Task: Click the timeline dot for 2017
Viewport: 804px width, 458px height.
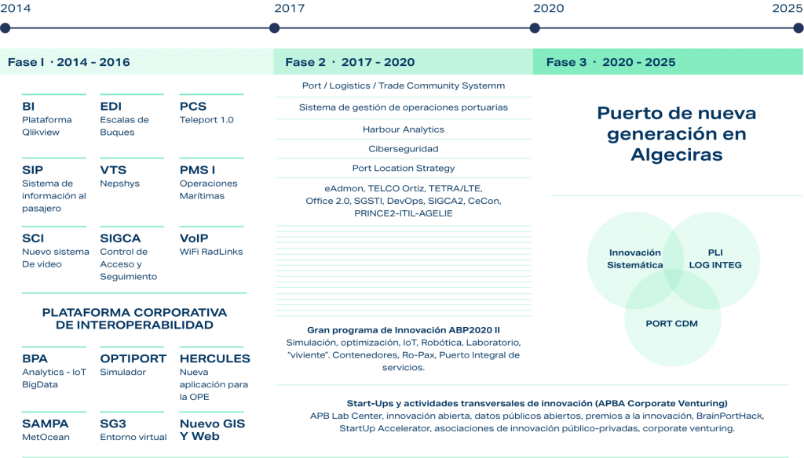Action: click(x=274, y=28)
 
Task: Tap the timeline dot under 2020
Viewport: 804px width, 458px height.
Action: click(x=535, y=28)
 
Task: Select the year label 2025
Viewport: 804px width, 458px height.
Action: click(x=787, y=8)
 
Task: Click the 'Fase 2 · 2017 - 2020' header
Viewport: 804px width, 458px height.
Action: click(x=349, y=62)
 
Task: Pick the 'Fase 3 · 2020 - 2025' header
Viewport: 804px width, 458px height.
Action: click(x=611, y=62)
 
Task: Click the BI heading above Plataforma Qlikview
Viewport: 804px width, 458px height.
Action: click(x=28, y=107)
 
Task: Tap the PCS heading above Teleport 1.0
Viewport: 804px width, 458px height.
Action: click(x=193, y=107)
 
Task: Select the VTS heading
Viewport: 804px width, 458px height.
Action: click(x=113, y=170)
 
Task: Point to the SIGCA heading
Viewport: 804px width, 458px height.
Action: click(x=120, y=238)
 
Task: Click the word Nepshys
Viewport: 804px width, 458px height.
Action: click(x=119, y=184)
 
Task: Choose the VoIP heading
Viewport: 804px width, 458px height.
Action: click(x=194, y=238)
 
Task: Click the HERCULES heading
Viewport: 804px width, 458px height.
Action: click(x=215, y=358)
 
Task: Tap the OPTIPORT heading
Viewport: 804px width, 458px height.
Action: click(x=133, y=358)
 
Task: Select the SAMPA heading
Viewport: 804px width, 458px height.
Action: click(x=45, y=423)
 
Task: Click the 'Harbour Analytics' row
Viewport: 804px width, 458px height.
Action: click(x=404, y=129)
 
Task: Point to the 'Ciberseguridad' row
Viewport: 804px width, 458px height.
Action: click(x=404, y=149)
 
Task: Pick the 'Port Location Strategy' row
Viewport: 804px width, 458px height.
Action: click(x=404, y=168)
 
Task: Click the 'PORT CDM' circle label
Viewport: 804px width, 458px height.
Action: click(x=672, y=324)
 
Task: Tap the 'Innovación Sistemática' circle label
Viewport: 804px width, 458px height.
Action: click(x=634, y=259)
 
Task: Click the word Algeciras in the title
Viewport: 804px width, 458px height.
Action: click(x=676, y=154)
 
